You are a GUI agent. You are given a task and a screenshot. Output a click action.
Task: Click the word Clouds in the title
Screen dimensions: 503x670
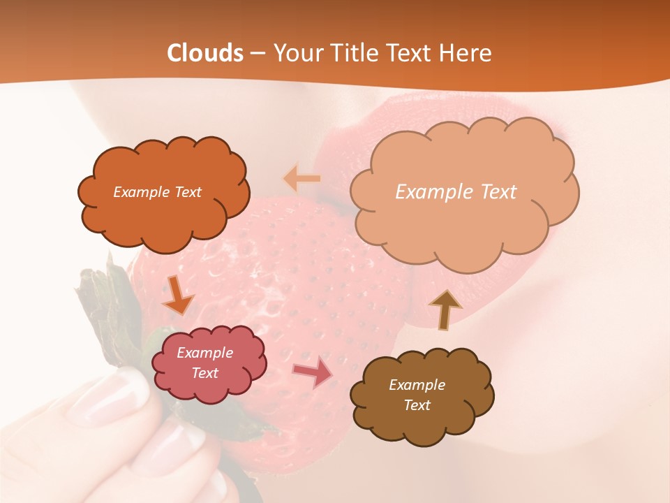click(x=206, y=53)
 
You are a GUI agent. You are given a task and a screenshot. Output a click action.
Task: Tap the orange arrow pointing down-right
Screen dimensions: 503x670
click(x=177, y=296)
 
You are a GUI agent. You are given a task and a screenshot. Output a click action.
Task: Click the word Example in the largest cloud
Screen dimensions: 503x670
click(x=430, y=192)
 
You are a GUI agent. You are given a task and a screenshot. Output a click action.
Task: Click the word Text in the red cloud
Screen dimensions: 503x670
click(x=205, y=373)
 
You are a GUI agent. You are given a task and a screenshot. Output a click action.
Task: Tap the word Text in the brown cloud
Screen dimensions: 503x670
click(x=417, y=405)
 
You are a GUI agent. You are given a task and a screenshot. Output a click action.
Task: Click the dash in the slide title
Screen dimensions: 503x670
click(x=258, y=53)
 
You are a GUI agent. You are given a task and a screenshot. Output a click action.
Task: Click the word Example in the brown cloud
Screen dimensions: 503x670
click(x=417, y=385)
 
